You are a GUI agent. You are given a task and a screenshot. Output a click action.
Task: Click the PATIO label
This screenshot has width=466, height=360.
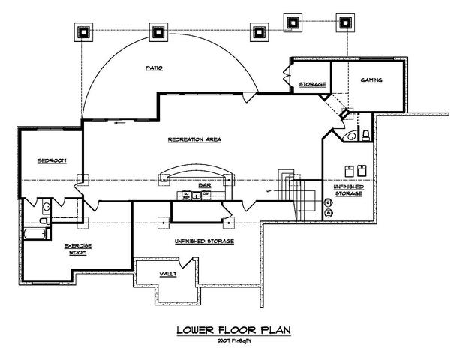coord(154,68)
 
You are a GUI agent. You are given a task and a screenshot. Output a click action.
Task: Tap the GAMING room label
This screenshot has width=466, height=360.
coord(372,79)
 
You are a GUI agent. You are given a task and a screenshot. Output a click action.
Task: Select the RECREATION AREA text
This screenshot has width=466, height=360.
coord(194,140)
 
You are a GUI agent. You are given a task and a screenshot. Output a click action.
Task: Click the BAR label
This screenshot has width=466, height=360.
coord(203,184)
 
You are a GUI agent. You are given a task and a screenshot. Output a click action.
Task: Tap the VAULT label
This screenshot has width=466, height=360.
coord(169,274)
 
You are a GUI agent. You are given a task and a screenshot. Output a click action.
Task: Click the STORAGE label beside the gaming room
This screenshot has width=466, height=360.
coord(312,84)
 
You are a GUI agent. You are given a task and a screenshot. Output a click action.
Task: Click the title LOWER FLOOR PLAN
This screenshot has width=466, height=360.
coord(232,329)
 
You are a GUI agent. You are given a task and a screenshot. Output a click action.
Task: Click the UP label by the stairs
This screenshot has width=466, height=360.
coord(268,190)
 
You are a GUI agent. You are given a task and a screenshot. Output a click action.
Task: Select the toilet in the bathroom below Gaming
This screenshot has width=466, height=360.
coord(365,135)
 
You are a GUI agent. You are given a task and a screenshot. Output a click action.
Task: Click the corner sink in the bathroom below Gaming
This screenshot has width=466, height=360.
coord(350,136)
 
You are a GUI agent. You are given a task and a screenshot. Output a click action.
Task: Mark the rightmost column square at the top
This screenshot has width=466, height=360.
coord(346,22)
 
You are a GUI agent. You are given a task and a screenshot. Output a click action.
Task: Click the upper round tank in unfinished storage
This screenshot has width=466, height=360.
coord(328,202)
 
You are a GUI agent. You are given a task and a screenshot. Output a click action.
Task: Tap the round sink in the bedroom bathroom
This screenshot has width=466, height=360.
coord(46,206)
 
